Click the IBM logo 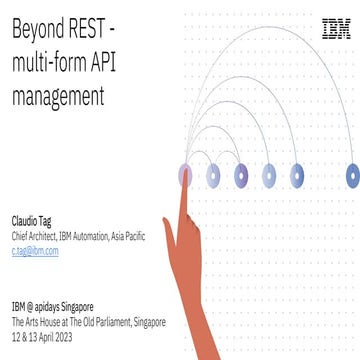[x=335, y=30]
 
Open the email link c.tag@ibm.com [x=35, y=252]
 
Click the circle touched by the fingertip [x=185, y=176]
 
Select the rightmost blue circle [x=352, y=176]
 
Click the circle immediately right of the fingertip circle [x=213, y=176]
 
